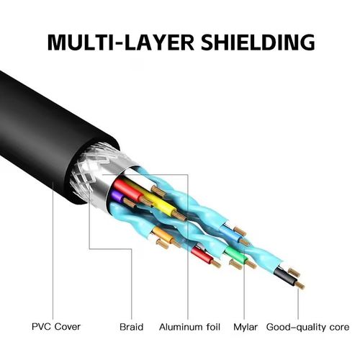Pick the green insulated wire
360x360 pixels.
click(x=232, y=253)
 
